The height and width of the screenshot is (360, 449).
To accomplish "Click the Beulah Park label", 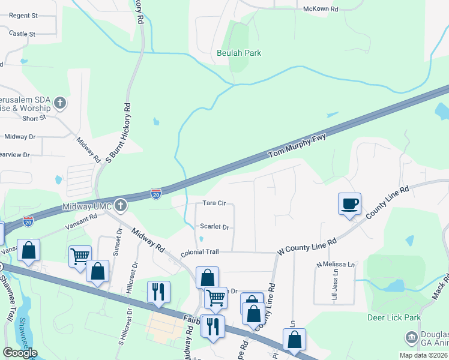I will [x=239, y=53].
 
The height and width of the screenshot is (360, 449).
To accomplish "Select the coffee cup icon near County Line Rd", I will [x=349, y=204].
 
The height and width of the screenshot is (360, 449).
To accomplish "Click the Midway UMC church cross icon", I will [x=121, y=206].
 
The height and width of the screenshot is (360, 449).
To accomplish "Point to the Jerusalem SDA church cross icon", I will [x=59, y=103].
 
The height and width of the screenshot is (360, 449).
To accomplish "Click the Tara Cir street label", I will [x=214, y=203].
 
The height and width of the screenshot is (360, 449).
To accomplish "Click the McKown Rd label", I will [x=321, y=9].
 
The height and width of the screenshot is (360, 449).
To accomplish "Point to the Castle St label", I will [x=23, y=34].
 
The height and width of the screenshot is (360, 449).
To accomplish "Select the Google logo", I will [x=20, y=353].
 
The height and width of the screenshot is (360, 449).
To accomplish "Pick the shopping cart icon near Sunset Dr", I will [x=80, y=257].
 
